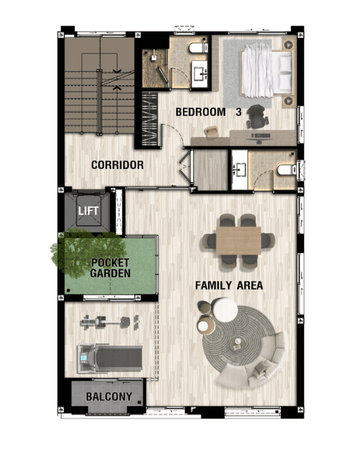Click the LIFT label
[89, 211]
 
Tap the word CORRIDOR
[118, 165]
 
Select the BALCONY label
[109, 396]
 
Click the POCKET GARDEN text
[111, 268]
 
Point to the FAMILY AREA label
[229, 285]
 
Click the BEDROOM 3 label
[209, 112]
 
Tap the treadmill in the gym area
[109, 359]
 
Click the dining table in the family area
[238, 241]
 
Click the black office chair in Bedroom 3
[258, 117]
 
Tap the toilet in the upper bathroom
[198, 48]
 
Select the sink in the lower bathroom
[240, 169]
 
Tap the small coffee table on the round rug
[238, 343]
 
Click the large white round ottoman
[225, 310]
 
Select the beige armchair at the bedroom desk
[212, 131]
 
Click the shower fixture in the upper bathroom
[154, 57]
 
